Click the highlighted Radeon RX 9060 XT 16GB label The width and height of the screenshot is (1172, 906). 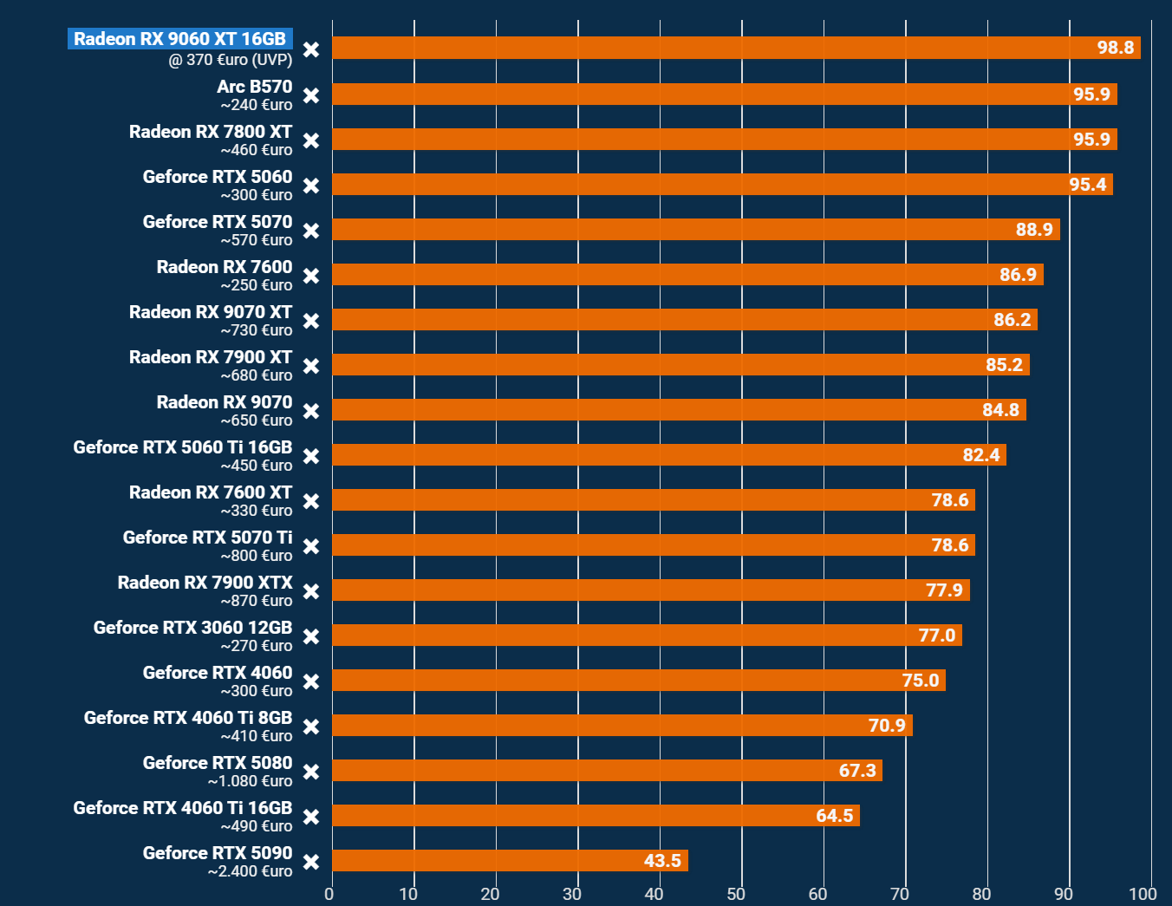tap(179, 39)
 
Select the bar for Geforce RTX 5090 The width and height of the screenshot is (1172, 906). tap(510, 860)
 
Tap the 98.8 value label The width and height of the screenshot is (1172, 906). tap(1115, 48)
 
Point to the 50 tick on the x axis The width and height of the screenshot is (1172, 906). tap(736, 894)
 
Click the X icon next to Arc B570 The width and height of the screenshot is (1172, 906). tap(311, 95)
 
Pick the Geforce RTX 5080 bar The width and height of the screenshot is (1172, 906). tap(607, 770)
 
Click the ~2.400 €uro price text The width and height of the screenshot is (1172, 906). tap(250, 871)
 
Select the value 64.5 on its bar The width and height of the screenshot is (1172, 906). tap(834, 816)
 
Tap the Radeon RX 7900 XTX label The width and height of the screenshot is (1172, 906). tap(205, 583)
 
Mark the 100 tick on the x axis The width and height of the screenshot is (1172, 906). tap(1143, 894)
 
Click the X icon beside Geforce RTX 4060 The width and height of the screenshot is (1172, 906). tap(311, 681)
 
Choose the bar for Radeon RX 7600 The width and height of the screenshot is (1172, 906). tap(687, 274)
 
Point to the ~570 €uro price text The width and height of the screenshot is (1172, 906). tap(256, 240)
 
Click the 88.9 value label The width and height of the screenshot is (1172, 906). tap(1033, 230)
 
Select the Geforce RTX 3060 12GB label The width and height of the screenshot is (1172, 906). tap(192, 628)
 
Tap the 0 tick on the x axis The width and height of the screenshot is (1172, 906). tap(329, 894)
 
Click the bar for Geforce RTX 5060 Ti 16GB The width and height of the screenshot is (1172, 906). tap(668, 454)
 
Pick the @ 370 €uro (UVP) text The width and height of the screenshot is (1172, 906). tap(231, 60)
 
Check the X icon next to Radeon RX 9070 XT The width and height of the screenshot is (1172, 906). tap(311, 320)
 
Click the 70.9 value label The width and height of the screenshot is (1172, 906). tap(886, 726)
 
